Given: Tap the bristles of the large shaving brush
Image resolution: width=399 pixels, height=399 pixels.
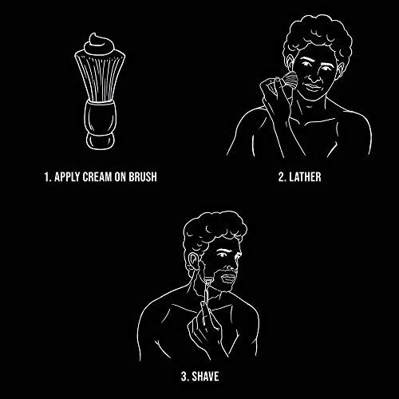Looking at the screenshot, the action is [x=100, y=77].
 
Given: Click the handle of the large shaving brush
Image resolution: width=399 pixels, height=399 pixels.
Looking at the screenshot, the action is [x=101, y=125].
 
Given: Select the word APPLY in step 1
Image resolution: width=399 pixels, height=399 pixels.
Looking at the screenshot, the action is [x=67, y=177].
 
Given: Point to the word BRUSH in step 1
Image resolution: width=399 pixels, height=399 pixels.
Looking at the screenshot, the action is [x=143, y=177].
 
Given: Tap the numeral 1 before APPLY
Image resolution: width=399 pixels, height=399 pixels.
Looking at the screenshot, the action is [x=47, y=177].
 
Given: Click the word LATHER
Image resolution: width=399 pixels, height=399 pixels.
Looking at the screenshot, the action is [x=305, y=177].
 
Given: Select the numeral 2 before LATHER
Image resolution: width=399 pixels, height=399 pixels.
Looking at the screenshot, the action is [x=282, y=177].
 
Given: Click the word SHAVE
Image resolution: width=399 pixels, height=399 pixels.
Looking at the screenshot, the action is [x=205, y=377].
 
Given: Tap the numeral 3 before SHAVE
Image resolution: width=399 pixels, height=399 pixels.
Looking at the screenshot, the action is [x=184, y=377].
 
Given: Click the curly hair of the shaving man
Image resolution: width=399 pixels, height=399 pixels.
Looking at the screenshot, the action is [x=214, y=229].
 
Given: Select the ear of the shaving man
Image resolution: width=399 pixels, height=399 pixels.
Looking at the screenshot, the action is [x=193, y=262].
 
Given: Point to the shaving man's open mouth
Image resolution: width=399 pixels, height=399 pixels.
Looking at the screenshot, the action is [x=228, y=279].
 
